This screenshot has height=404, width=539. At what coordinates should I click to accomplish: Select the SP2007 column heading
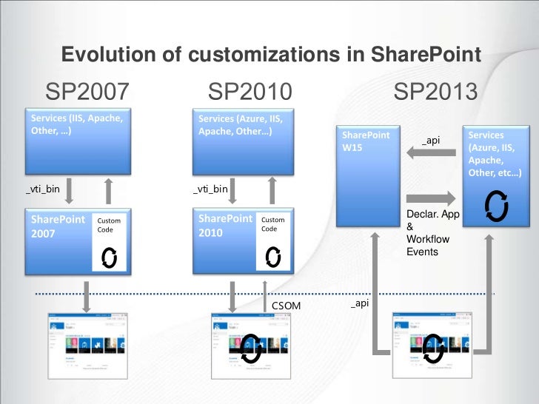coord(87,92)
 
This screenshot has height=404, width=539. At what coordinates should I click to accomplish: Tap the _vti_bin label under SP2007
coord(43,190)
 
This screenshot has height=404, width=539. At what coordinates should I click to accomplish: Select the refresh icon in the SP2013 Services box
coord(496,206)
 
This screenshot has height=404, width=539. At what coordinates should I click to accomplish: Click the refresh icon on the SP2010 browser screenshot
coord(252,347)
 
